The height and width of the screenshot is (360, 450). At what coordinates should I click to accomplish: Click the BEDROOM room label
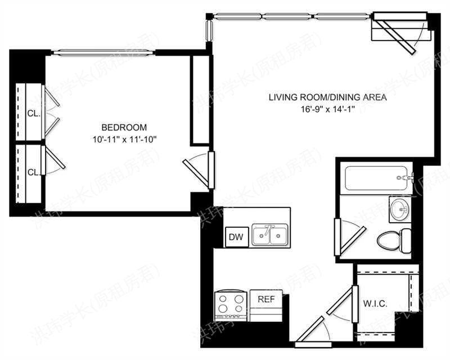pos(124,127)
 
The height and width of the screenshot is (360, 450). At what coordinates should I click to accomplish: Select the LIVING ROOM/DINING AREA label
pos(327,97)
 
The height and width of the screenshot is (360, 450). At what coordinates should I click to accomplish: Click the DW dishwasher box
pos(236,237)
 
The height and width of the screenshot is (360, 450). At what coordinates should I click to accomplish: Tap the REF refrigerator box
pos(266,299)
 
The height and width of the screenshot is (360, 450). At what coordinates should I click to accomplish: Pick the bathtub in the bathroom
pos(376,178)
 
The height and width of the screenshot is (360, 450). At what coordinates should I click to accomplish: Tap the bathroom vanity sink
pos(400,209)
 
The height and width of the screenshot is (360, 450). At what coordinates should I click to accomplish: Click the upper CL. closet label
pos(34,113)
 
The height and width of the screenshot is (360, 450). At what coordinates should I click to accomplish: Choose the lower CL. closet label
pos(34,172)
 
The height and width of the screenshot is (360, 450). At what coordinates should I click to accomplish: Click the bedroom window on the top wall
pos(103,53)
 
